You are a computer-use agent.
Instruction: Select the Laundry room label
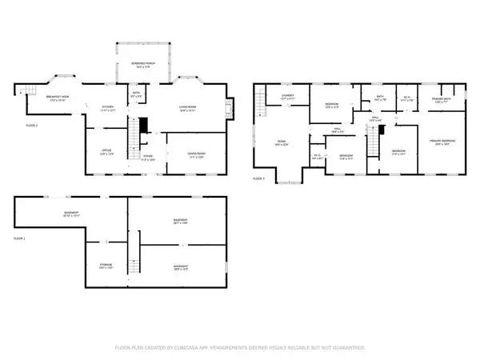pyautogui.click(x=288, y=97)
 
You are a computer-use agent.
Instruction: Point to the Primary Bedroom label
pyautogui.click(x=443, y=144)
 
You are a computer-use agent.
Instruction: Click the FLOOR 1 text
pyautogui.click(x=21, y=238)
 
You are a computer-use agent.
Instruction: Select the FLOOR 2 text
pyautogui.click(x=32, y=126)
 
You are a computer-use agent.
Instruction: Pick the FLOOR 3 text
pyautogui.click(x=258, y=178)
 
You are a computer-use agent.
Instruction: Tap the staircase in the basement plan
pyautogui.click(x=135, y=258)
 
